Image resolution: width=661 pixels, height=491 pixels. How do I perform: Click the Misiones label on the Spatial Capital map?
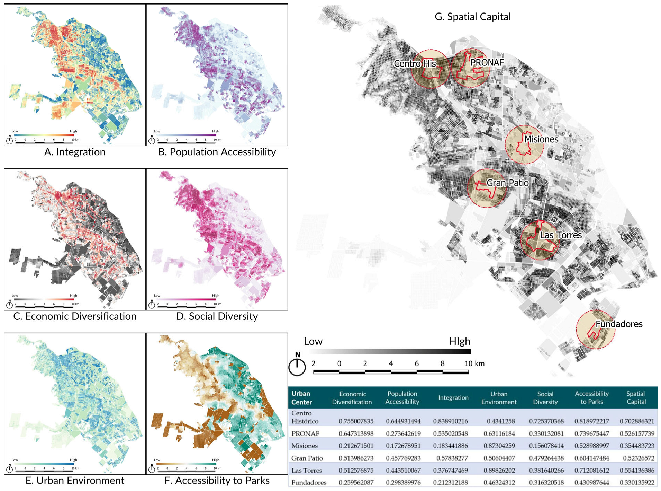(541, 139)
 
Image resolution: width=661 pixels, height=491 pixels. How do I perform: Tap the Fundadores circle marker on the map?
(595, 330)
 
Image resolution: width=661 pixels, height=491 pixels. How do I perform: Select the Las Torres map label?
(561, 235)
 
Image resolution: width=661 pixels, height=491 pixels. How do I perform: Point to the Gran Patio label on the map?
(507, 183)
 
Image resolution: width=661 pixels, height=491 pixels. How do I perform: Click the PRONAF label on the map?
(487, 63)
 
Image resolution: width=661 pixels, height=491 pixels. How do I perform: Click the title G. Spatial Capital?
(472, 17)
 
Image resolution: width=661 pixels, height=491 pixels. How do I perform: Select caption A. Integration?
(75, 152)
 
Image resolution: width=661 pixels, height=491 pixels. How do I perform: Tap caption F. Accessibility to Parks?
(217, 481)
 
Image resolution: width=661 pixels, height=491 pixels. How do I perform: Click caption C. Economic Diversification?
(75, 316)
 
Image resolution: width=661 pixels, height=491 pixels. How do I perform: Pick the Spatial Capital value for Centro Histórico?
(636, 421)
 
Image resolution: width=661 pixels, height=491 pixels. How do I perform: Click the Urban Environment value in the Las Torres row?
(499, 471)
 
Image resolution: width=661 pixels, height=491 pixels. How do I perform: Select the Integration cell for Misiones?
(450, 446)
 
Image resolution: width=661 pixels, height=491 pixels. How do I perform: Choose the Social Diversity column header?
(545, 398)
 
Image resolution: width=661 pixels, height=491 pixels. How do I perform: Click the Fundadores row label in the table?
(309, 483)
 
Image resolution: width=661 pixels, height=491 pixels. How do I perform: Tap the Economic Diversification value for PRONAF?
(356, 434)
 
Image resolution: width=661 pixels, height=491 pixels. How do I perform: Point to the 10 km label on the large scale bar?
(474, 364)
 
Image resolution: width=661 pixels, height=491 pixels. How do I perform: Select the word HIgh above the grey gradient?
(459, 342)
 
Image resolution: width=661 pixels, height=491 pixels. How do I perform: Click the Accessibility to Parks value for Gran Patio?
(591, 458)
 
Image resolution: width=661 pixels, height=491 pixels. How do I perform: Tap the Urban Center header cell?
(301, 398)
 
